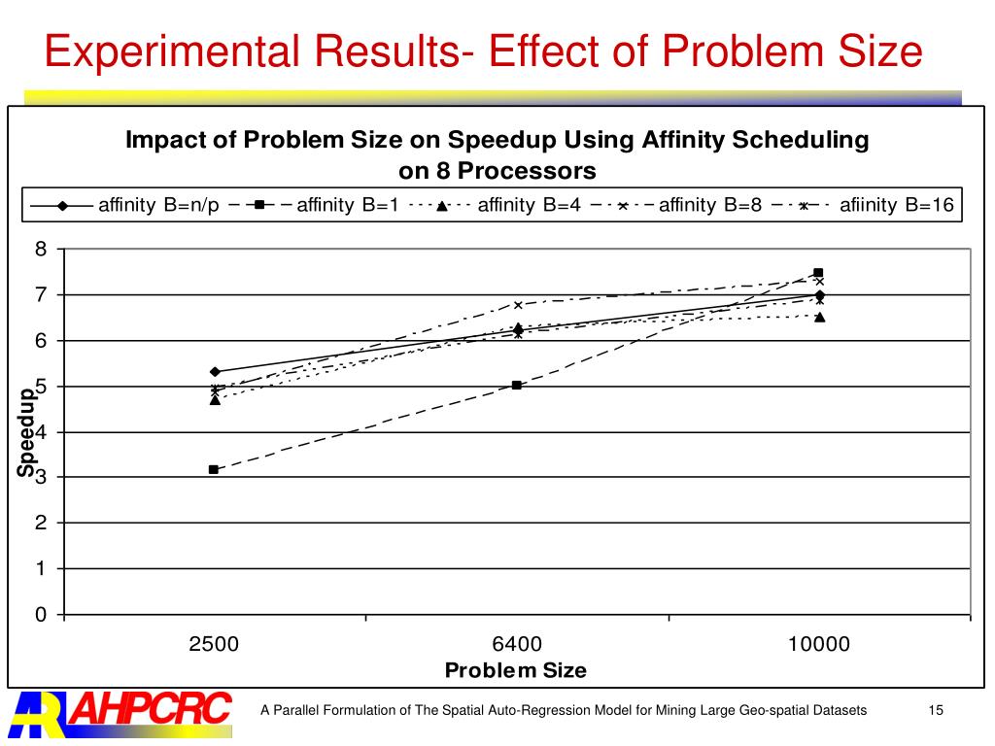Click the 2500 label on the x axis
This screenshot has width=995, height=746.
tap(214, 644)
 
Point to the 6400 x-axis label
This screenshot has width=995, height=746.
tap(517, 644)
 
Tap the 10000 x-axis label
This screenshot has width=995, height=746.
tap(818, 644)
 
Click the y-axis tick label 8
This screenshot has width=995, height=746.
tap(41, 249)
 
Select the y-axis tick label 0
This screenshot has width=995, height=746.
tap(41, 614)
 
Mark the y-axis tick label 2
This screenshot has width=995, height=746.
tap(41, 523)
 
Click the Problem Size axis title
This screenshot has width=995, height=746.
tap(515, 670)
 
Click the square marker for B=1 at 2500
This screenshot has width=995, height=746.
tap(214, 469)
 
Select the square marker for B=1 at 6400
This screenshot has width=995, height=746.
tap(517, 386)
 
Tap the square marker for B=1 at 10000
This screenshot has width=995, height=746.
tap(818, 273)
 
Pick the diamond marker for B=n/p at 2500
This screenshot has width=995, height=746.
tap(215, 371)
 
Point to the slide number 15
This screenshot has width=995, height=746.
tap(936, 711)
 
